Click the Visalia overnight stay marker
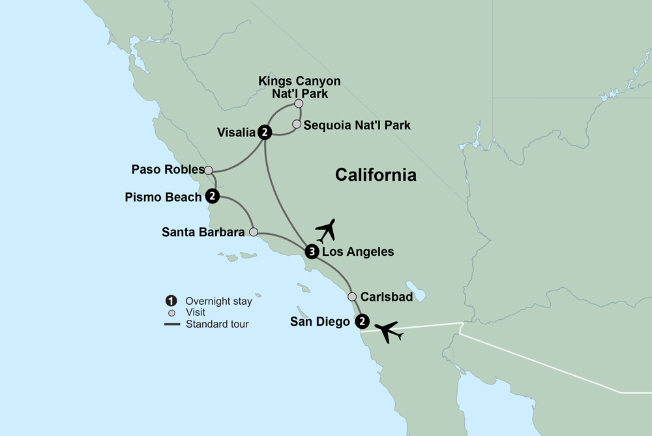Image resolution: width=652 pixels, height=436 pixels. [x=265, y=132]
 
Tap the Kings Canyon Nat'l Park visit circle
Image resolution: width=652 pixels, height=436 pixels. [x=299, y=103]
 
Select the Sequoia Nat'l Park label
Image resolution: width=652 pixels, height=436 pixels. [x=357, y=125]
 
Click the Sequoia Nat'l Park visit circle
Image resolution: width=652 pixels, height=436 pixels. [x=297, y=124]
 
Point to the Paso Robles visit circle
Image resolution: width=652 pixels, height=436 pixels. [x=209, y=170]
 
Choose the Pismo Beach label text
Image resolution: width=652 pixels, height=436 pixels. [x=162, y=196]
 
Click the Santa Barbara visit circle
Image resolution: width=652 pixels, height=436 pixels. [x=254, y=232]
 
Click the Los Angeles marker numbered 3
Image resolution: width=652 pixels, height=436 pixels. [x=312, y=252]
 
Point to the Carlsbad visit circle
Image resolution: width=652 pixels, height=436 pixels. [x=352, y=296]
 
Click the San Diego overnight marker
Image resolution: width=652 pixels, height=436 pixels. [x=362, y=321]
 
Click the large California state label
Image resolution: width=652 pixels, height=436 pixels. [x=376, y=175]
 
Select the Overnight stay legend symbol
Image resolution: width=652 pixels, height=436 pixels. [x=171, y=302]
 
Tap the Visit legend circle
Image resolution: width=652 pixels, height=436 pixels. [x=171, y=313]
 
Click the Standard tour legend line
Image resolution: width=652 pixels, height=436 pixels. [x=171, y=324]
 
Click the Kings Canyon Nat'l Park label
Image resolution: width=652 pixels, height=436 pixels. [x=299, y=87]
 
